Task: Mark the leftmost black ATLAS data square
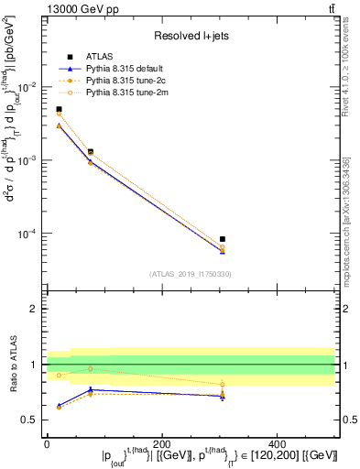point(59,109)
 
